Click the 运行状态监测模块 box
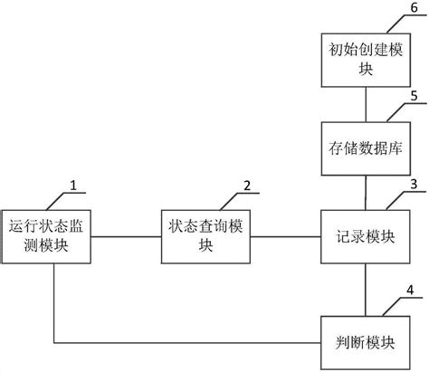point(52,237)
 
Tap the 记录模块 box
point(364,237)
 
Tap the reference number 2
point(247,186)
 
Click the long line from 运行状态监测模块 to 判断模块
point(181,343)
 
